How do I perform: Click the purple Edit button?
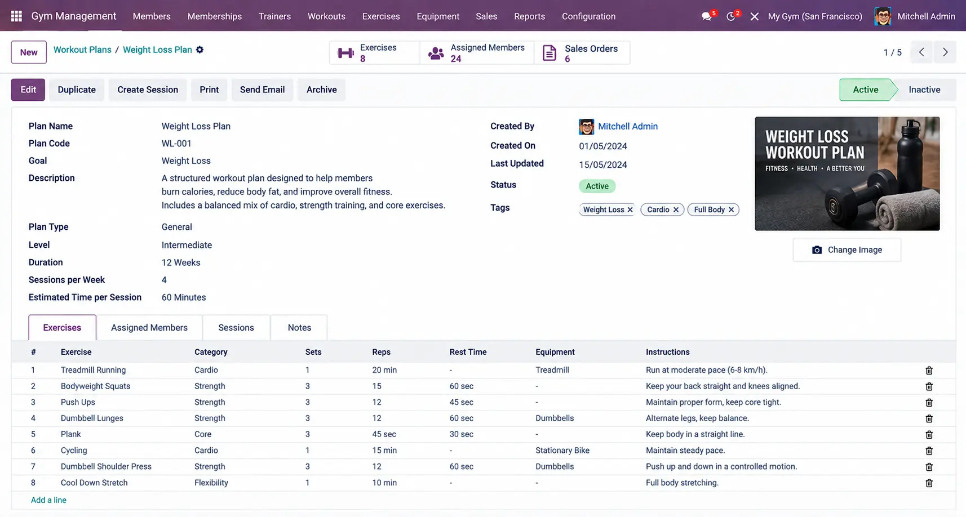pyautogui.click(x=28, y=90)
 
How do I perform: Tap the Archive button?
pyautogui.click(x=321, y=90)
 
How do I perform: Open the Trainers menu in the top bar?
pyautogui.click(x=274, y=16)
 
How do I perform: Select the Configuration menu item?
pyautogui.click(x=588, y=16)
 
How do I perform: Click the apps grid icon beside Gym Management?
pyautogui.click(x=16, y=16)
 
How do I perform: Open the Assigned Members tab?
pyautogui.click(x=149, y=327)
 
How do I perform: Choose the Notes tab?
pyautogui.click(x=299, y=327)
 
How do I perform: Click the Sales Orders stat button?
pyautogui.click(x=582, y=53)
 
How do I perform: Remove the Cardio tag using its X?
pyautogui.click(x=676, y=210)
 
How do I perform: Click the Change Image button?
pyautogui.click(x=847, y=250)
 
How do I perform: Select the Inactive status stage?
pyautogui.click(x=924, y=90)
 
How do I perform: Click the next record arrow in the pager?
pyautogui.click(x=945, y=52)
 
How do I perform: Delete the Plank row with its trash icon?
pyautogui.click(x=929, y=435)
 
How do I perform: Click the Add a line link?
pyautogui.click(x=48, y=500)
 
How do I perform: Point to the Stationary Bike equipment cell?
pyautogui.click(x=562, y=450)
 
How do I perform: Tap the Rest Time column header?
pyautogui.click(x=468, y=352)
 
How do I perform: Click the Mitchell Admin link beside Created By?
pyautogui.click(x=627, y=126)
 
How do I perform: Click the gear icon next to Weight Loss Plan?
pyautogui.click(x=200, y=50)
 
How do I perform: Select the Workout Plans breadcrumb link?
pyautogui.click(x=82, y=50)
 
